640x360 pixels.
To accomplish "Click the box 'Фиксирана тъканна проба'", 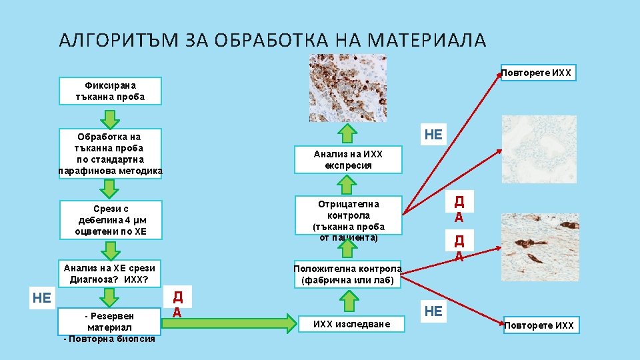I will tap(110, 91).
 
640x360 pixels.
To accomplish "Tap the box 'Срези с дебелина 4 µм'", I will tap(110, 220).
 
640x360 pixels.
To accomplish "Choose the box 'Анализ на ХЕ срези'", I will tap(110, 273).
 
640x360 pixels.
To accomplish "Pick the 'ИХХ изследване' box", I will tap(349, 325).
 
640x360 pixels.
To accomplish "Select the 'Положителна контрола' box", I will tap(348, 275).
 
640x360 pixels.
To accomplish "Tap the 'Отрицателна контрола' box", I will tap(349, 216).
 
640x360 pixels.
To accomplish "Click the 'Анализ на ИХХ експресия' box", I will tap(349, 159).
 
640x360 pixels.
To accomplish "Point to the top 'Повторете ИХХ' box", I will tap(539, 73).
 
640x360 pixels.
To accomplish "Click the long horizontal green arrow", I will tap(229, 325).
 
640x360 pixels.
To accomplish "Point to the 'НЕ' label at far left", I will tap(42, 297).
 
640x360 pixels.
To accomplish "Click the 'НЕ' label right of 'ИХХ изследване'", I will tap(433, 311).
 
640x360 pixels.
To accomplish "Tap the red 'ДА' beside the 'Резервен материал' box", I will tap(177, 303).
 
